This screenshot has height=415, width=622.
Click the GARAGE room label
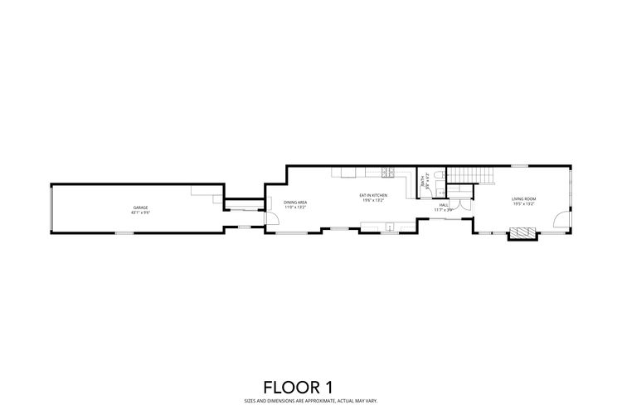(141, 207)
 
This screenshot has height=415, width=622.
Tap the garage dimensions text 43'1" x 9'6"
(141, 212)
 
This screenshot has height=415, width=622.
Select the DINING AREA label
(295, 202)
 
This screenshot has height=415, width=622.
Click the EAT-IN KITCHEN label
(374, 196)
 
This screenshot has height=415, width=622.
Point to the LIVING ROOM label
(523, 198)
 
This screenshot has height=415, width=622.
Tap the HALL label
(444, 205)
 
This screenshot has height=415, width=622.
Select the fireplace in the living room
(523, 235)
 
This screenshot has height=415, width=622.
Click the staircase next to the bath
(469, 175)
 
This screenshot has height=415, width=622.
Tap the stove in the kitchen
(387, 173)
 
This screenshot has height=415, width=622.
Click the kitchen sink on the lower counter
(389, 225)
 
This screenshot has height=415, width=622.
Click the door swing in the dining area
(273, 218)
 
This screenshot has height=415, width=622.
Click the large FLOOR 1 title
(310, 387)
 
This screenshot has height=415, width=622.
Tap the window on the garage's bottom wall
(124, 232)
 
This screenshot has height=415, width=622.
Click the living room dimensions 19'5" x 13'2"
(523, 203)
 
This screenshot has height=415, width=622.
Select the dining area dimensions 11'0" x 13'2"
(295, 207)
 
